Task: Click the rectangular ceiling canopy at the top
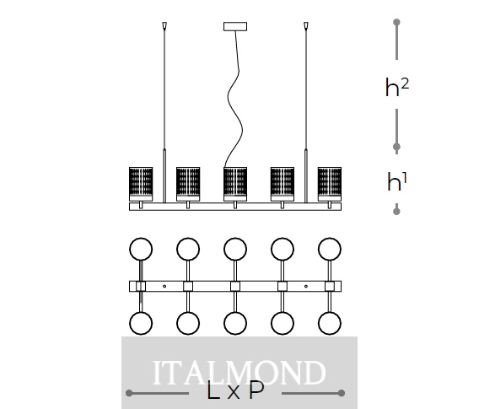(235, 27)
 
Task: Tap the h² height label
(397, 87)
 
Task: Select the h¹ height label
(397, 181)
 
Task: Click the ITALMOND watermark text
(239, 373)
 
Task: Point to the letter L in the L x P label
(213, 390)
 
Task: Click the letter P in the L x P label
(256, 390)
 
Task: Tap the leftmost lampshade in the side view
(141, 184)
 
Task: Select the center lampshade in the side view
(235, 184)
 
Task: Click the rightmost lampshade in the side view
(330, 184)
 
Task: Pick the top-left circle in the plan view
(141, 249)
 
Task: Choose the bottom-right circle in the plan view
(330, 323)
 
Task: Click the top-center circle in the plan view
(235, 249)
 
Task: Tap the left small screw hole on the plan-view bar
(164, 286)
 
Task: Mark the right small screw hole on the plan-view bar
(306, 286)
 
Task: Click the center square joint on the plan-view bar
(235, 286)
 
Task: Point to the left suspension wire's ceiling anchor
(164, 25)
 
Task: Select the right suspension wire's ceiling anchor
(306, 25)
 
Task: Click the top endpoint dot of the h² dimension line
(396, 22)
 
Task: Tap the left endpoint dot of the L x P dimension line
(129, 393)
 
